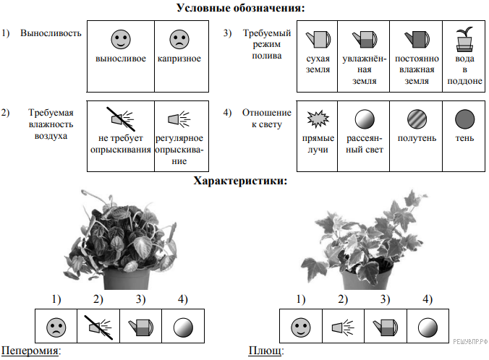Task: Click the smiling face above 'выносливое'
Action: pos(121,39)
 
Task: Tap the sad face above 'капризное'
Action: pos(178,39)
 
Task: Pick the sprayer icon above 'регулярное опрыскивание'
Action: pos(179,118)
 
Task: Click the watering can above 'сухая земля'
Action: pos(318,38)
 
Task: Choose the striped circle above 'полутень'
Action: pos(416,118)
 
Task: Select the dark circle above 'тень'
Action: pos(463,118)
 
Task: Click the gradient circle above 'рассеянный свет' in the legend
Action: pos(365,118)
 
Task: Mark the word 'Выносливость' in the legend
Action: pos(51,33)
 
